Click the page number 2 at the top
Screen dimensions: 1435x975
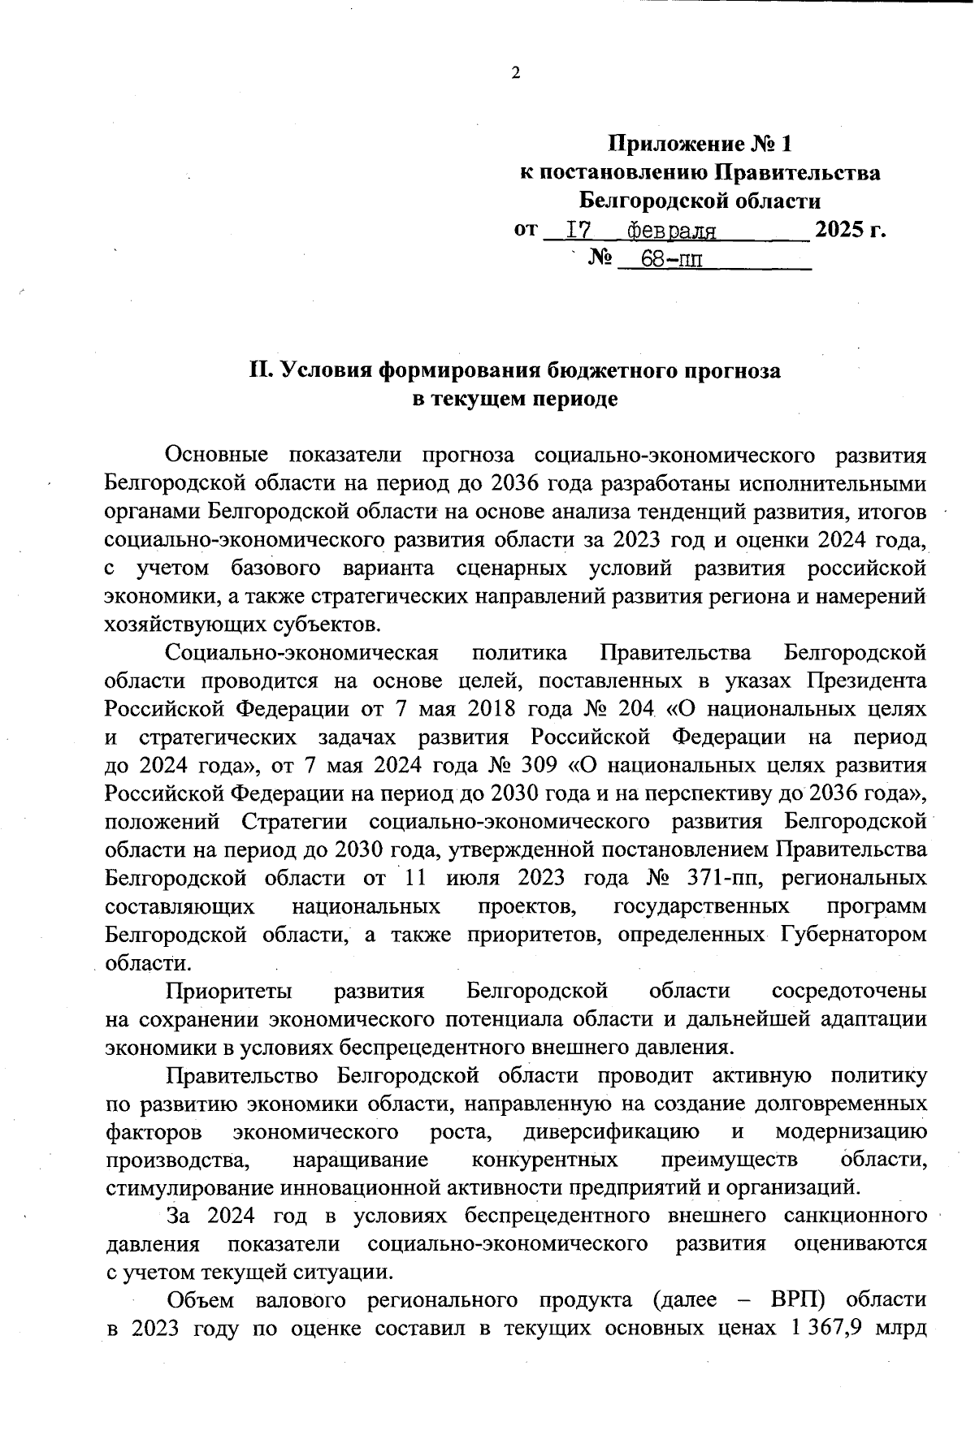pyautogui.click(x=514, y=74)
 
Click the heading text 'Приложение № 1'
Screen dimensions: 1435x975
pyautogui.click(x=700, y=145)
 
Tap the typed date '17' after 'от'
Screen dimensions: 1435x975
pyautogui.click(x=577, y=231)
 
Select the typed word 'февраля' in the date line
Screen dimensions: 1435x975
pyautogui.click(x=671, y=232)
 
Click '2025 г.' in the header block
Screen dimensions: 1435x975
pyautogui.click(x=850, y=229)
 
